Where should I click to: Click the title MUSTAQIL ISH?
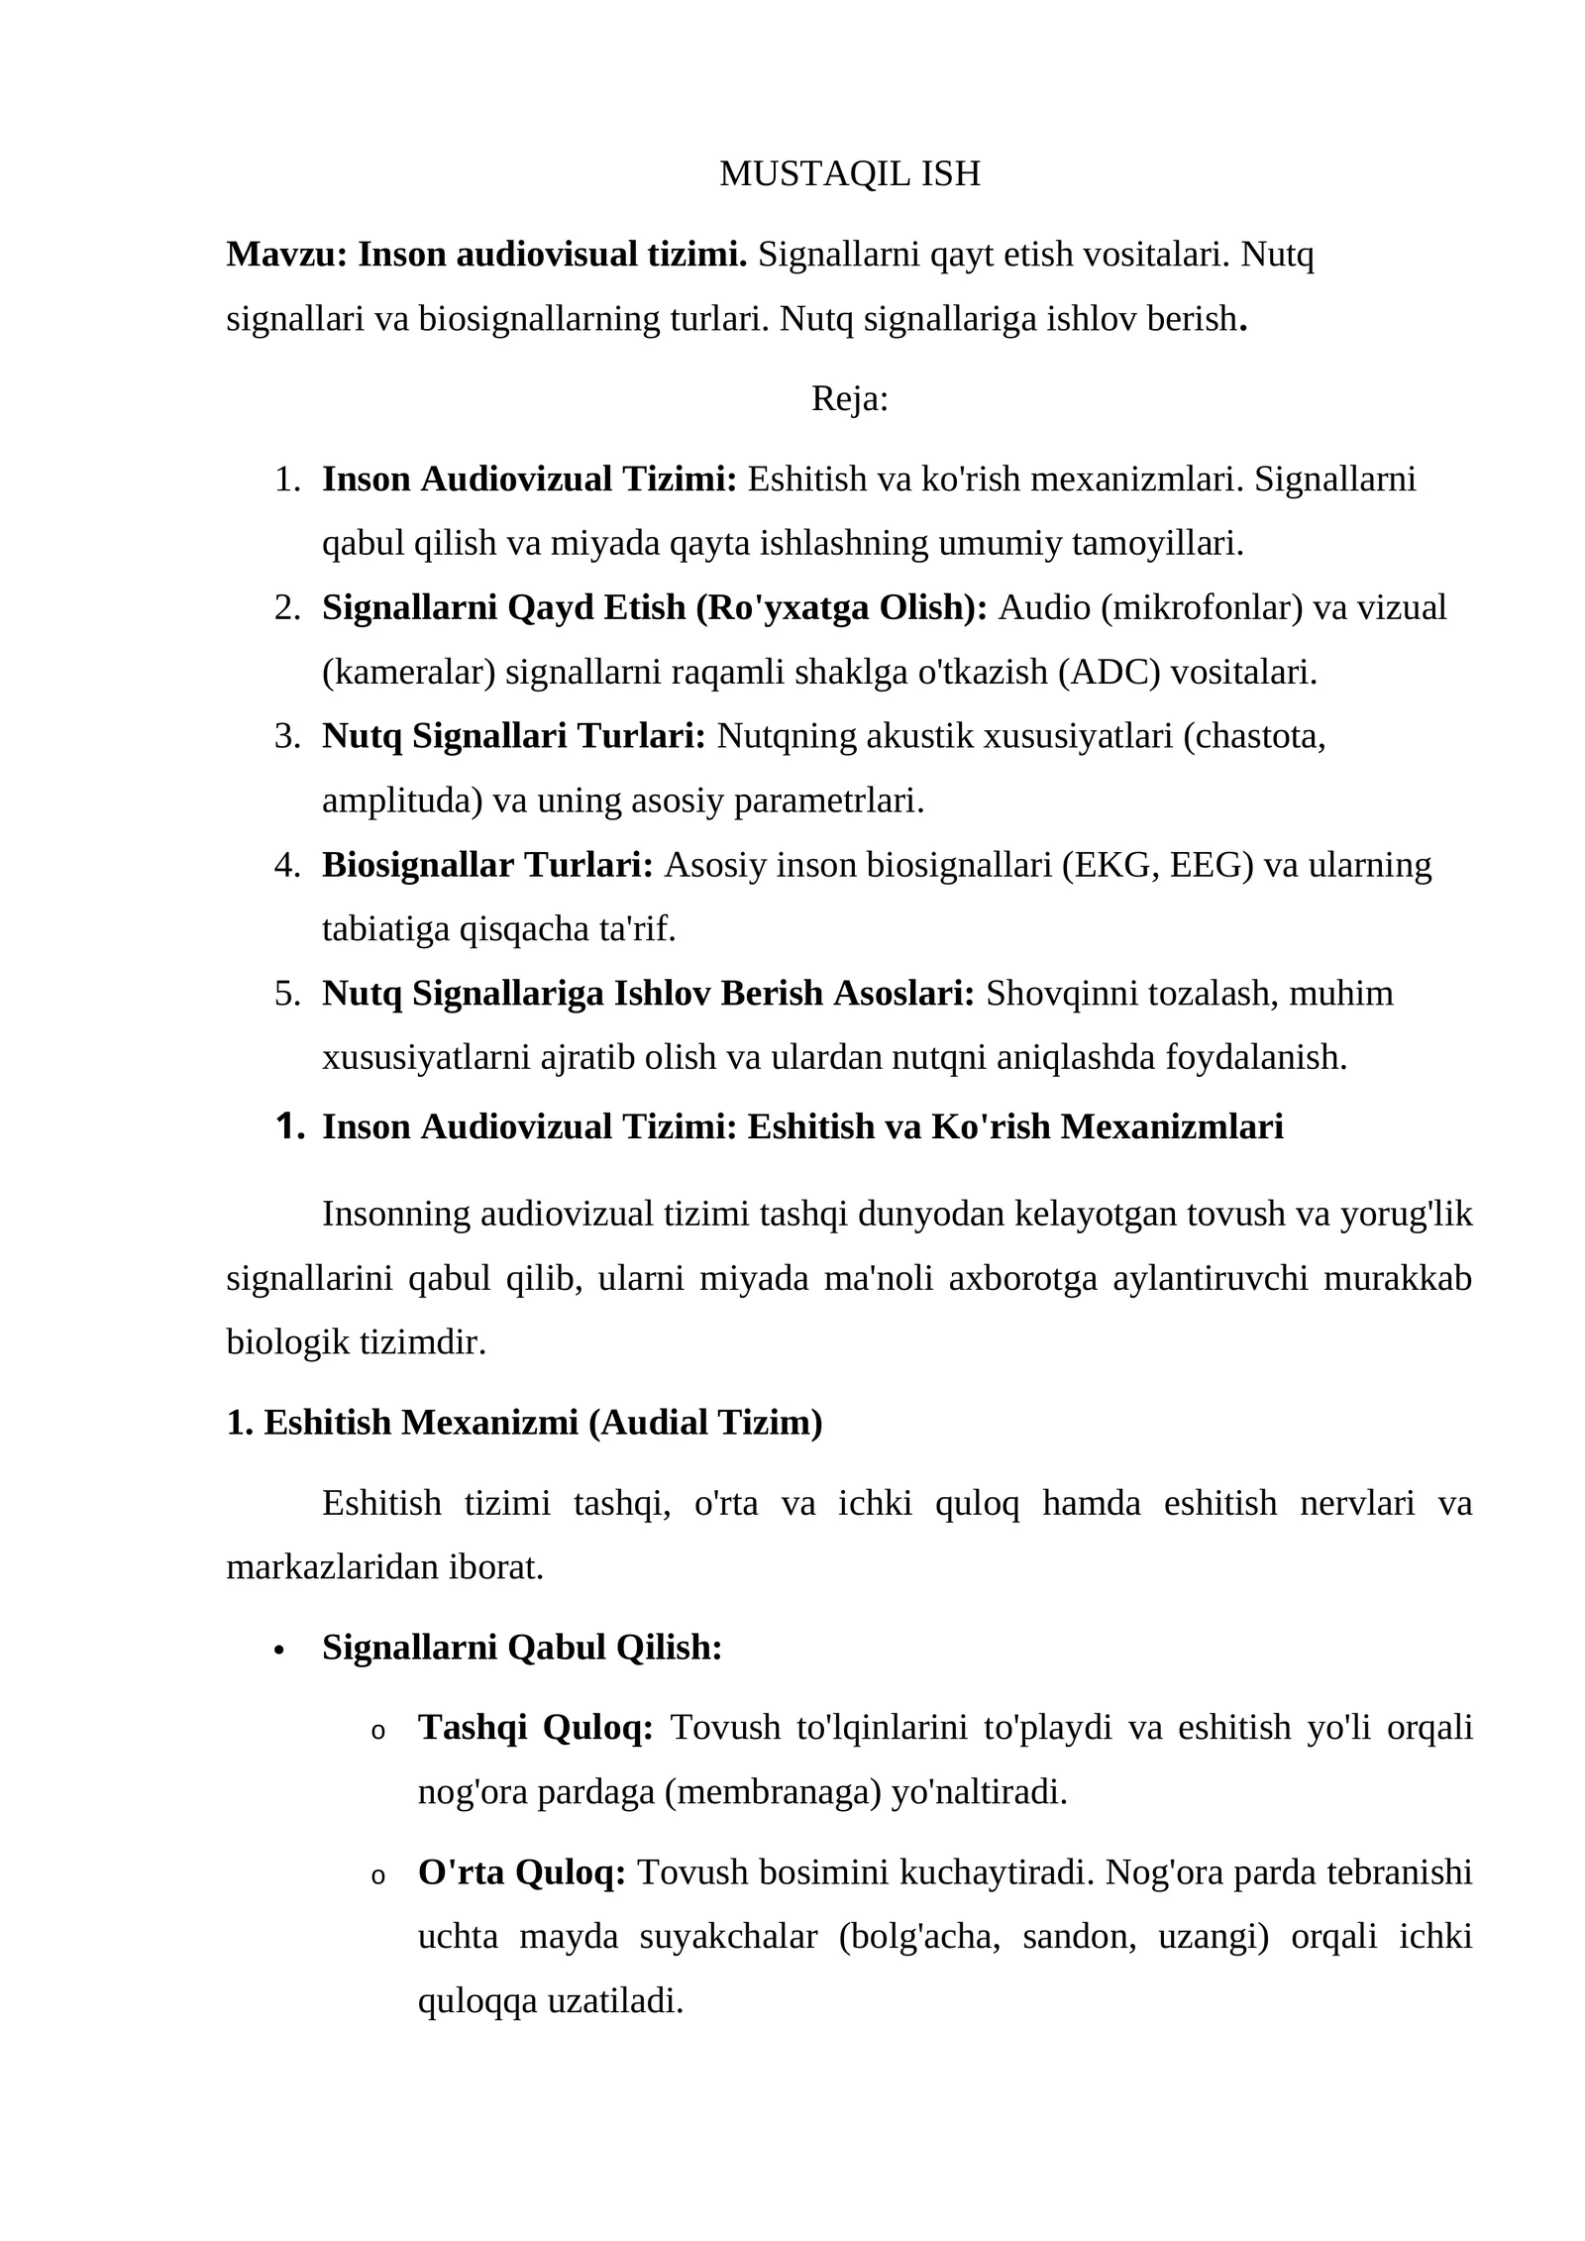point(849,174)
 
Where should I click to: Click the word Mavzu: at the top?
point(286,256)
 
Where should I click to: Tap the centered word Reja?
point(850,399)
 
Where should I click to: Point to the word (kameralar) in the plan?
point(408,673)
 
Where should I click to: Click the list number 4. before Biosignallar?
point(287,866)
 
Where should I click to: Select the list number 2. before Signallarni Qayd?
point(287,608)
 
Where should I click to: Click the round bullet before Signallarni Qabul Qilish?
point(279,1651)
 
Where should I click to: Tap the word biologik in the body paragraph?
point(288,1343)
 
